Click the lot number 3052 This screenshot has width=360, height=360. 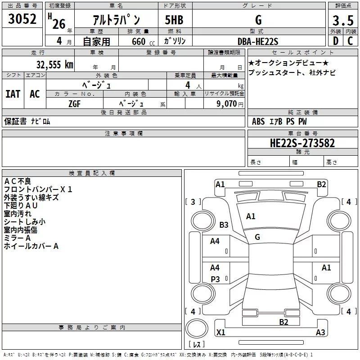click(22, 20)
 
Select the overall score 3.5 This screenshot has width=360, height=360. click(342, 21)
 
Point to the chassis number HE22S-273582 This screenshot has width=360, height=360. click(302, 143)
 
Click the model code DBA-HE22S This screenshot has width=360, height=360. click(258, 41)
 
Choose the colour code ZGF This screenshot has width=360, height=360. click(75, 103)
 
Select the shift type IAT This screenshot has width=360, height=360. click(13, 94)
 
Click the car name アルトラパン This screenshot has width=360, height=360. click(116, 20)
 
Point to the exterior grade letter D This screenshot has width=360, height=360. click(335, 41)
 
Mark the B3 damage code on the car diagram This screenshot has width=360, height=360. click(224, 225)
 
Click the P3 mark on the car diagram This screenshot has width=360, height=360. click(215, 279)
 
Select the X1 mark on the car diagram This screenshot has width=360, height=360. click(220, 333)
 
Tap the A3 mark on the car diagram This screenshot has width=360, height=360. click(320, 333)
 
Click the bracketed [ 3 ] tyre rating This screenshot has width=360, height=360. click(193, 202)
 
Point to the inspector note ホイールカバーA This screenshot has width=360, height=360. click(31, 246)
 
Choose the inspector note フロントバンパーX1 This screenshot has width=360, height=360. click(38, 189)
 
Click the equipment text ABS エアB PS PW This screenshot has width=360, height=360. click(279, 121)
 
